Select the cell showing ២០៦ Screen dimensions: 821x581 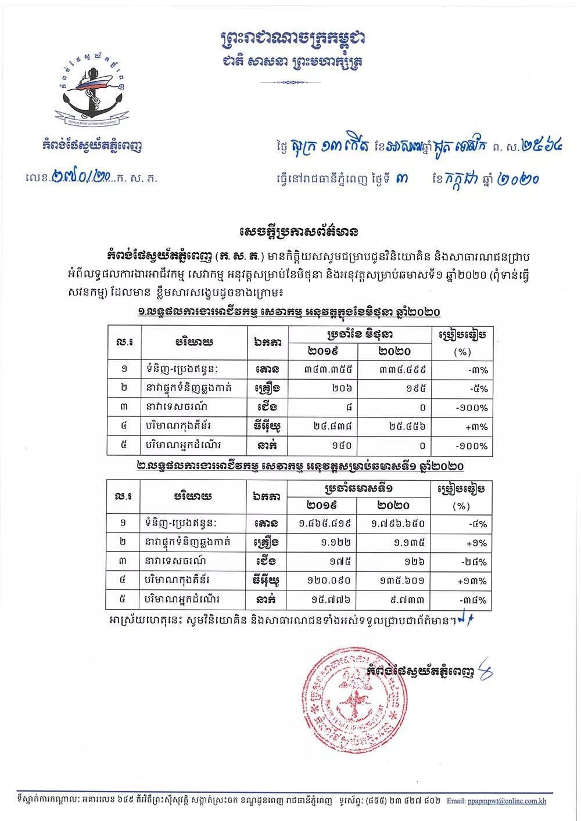coord(324,388)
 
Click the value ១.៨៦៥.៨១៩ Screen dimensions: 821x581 coord(324,523)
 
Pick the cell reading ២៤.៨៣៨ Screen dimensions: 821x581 coord(324,427)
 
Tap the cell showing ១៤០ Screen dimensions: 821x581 coord(324,446)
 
